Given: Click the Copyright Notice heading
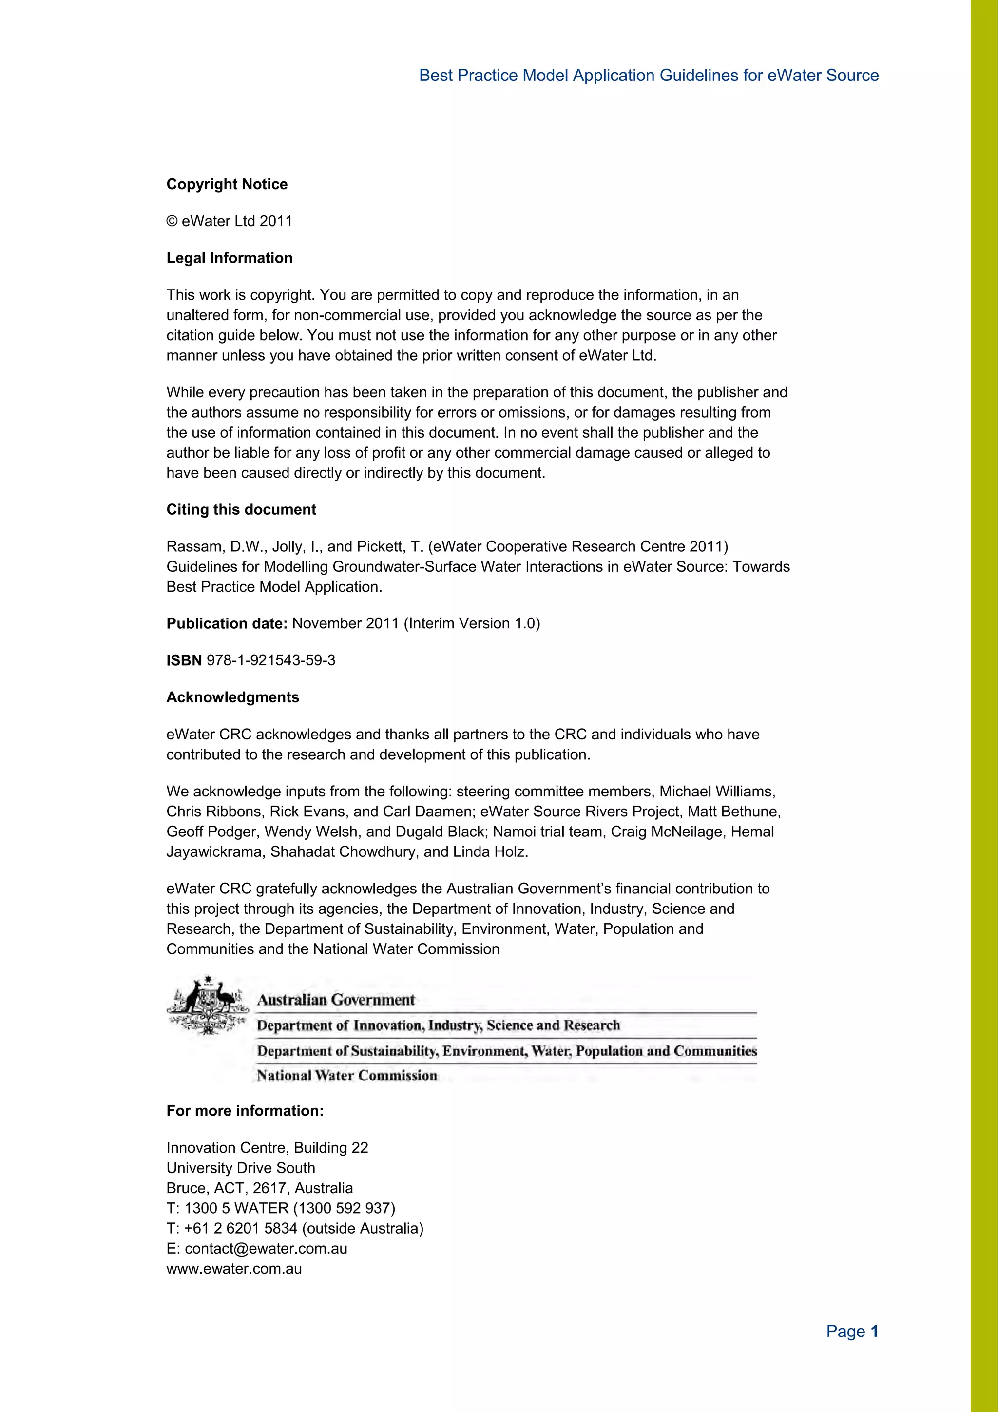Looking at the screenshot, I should tap(227, 185).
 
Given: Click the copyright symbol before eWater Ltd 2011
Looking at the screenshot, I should tap(172, 221).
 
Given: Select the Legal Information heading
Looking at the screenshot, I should tap(230, 258).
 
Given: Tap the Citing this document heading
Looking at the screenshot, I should tap(241, 510).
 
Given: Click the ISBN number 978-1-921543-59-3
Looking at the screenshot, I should tap(270, 660).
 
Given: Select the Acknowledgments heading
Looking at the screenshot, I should tap(232, 697).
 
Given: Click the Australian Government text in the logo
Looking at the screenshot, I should tap(336, 1000).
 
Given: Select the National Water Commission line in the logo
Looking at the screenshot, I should tap(347, 1076).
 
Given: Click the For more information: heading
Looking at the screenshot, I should tap(245, 1111).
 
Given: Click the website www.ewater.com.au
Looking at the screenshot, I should tap(234, 1269).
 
